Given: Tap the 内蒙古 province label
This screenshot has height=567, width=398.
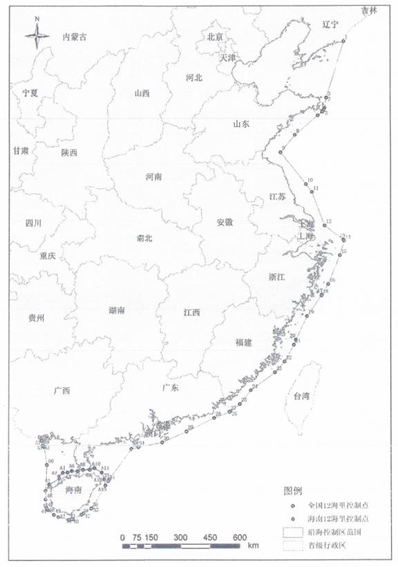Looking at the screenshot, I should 75,37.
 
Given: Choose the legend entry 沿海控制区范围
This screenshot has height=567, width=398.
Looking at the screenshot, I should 337,532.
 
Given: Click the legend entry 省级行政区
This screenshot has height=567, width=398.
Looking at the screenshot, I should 332,545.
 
